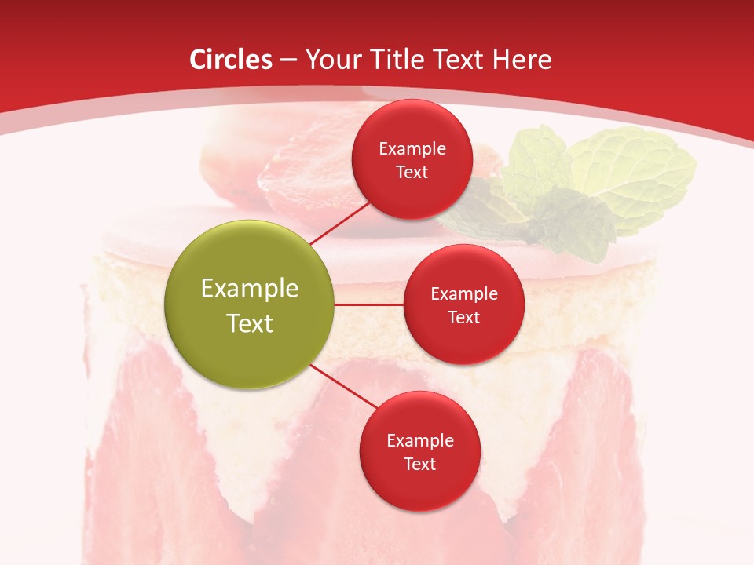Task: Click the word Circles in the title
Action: pos(230,60)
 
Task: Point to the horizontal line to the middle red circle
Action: pos(368,304)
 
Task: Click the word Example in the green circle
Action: pos(249,288)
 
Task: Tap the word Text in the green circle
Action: pos(249,323)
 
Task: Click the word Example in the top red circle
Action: pos(412,148)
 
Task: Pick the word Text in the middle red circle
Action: pos(463,317)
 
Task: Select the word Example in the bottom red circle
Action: pos(419,440)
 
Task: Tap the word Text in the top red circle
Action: pos(412,172)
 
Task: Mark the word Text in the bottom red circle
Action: pos(419,464)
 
